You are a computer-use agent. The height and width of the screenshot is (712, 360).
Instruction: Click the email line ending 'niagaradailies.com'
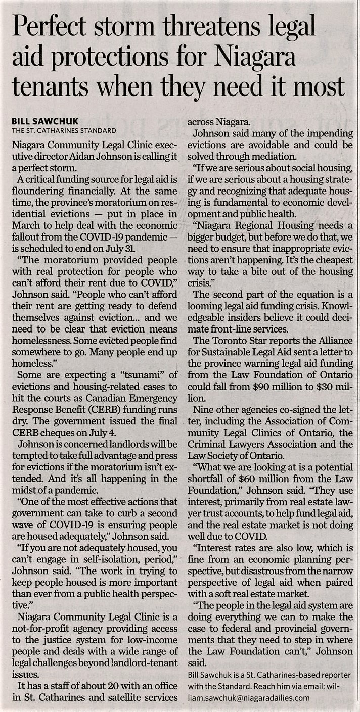point(248,697)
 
